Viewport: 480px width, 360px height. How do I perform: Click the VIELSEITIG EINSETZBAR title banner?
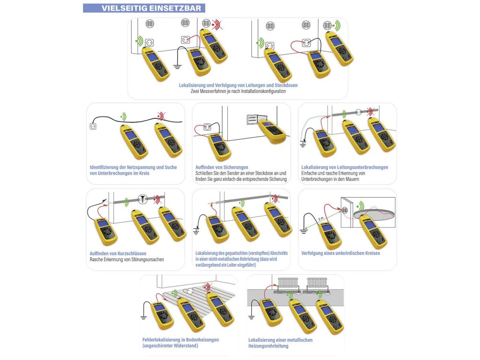(x=144, y=8)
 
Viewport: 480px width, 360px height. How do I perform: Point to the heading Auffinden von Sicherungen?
(x=222, y=167)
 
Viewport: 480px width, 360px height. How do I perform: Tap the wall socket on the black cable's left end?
(x=93, y=126)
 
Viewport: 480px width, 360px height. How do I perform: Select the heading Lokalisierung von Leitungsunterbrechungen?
(x=345, y=167)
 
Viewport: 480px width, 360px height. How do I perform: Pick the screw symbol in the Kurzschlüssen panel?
(x=142, y=198)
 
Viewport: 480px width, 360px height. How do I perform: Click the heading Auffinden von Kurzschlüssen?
(x=118, y=254)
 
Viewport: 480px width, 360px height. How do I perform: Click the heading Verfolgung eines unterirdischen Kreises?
(x=341, y=254)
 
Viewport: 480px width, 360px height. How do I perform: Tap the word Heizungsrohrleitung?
(x=268, y=346)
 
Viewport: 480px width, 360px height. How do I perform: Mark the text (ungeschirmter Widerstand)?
(x=170, y=346)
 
